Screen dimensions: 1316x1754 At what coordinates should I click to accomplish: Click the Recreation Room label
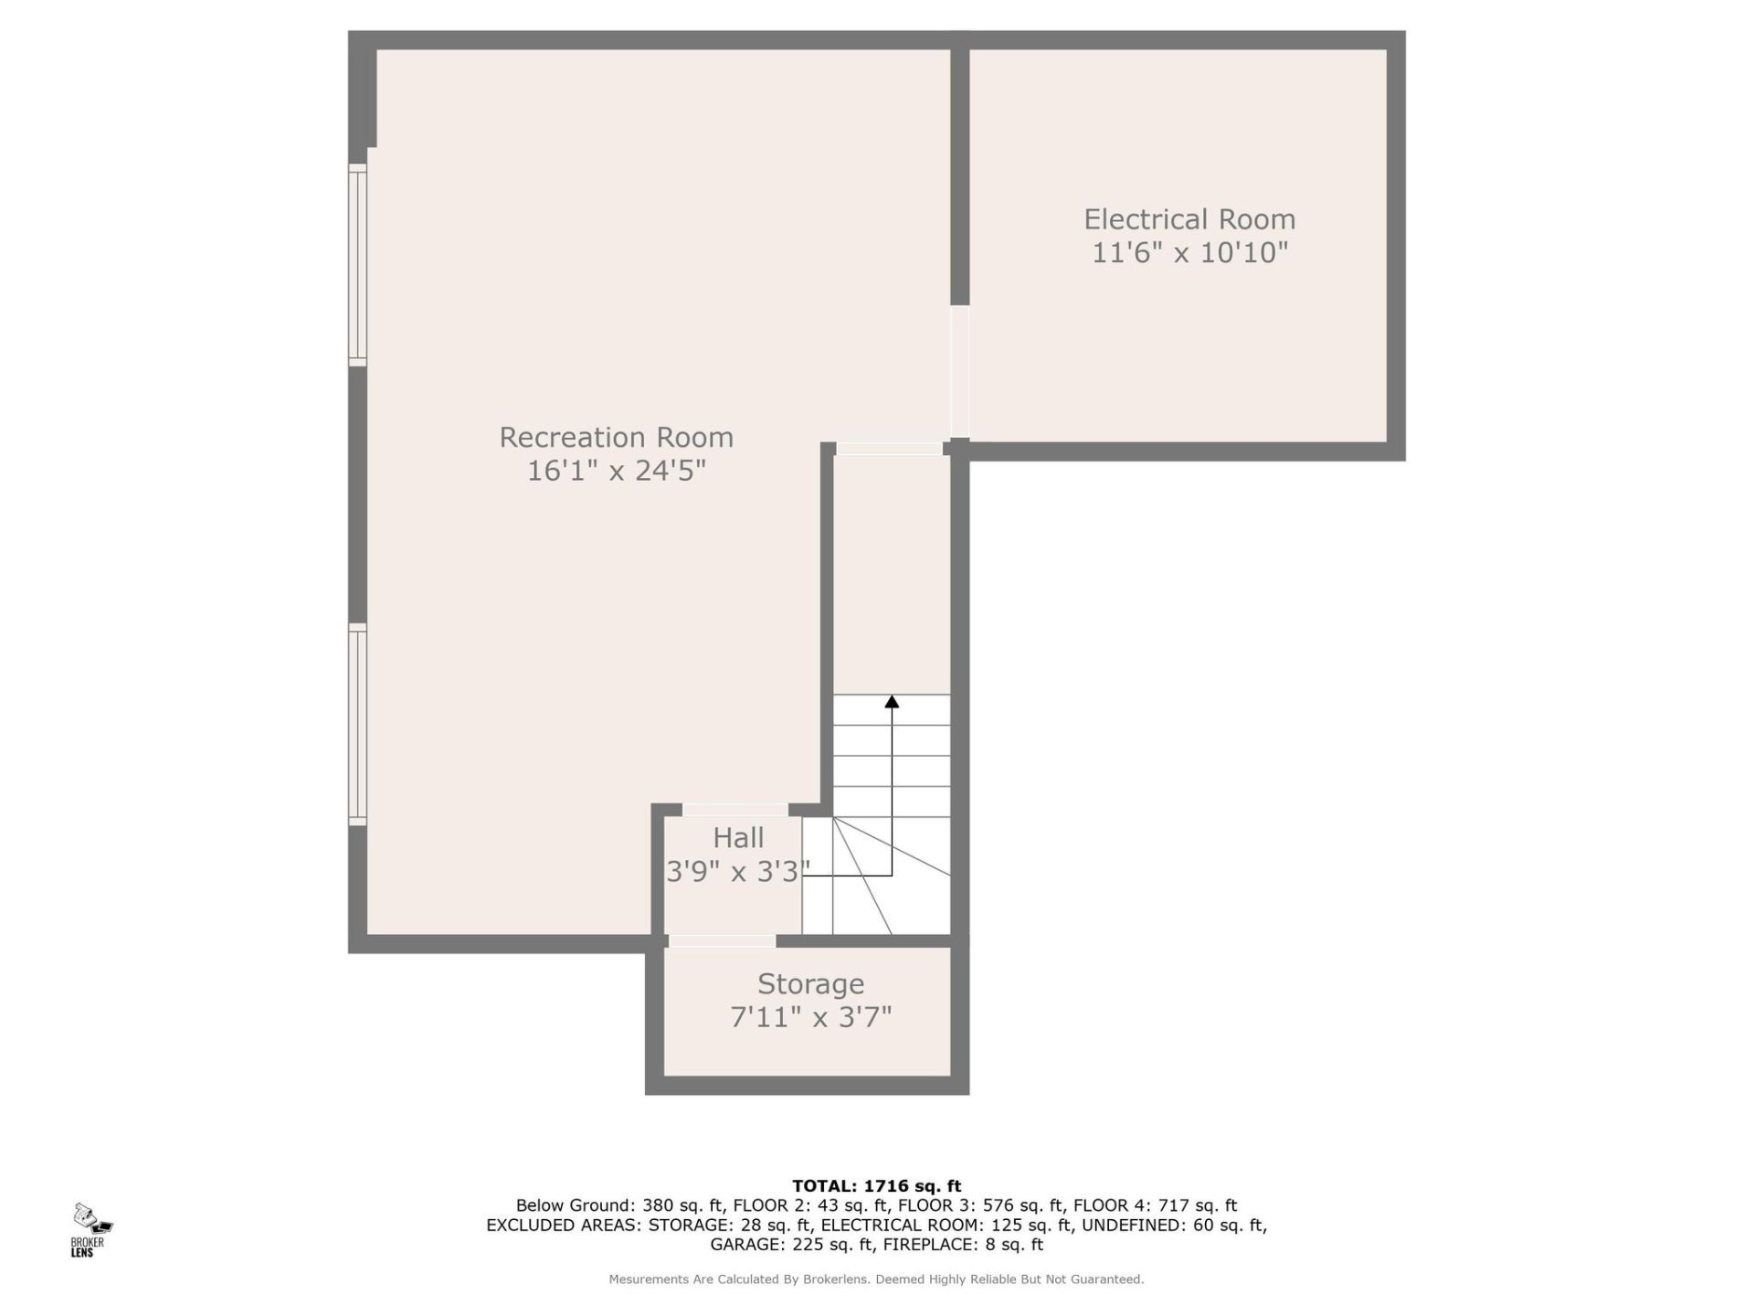(x=616, y=438)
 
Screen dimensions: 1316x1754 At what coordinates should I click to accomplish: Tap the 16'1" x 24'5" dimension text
(x=616, y=471)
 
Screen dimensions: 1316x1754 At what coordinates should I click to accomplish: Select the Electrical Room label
(x=1189, y=219)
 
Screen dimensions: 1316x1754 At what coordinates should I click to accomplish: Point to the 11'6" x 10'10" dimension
(x=1189, y=252)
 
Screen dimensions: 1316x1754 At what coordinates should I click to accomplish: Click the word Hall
(x=738, y=837)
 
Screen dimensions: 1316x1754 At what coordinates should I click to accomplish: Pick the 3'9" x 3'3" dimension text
(x=737, y=872)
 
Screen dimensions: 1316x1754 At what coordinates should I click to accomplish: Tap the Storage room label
(x=810, y=984)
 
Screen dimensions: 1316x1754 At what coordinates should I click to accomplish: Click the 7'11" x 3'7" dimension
(x=810, y=1017)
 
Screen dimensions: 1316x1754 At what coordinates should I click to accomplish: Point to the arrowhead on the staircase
(x=892, y=702)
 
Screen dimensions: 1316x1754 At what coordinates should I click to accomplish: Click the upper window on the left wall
(x=357, y=265)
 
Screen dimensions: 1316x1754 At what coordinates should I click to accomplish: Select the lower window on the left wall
(x=357, y=725)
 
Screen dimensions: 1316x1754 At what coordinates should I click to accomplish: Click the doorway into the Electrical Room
(x=959, y=371)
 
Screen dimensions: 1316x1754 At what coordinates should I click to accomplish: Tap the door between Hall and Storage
(x=722, y=940)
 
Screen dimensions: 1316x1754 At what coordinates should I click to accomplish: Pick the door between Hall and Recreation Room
(x=735, y=810)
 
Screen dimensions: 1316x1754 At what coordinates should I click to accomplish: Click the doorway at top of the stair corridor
(x=889, y=448)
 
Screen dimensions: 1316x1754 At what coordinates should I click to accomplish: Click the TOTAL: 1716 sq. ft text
(x=876, y=1186)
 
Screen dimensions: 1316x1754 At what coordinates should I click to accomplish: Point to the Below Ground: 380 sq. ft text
(x=618, y=1205)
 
